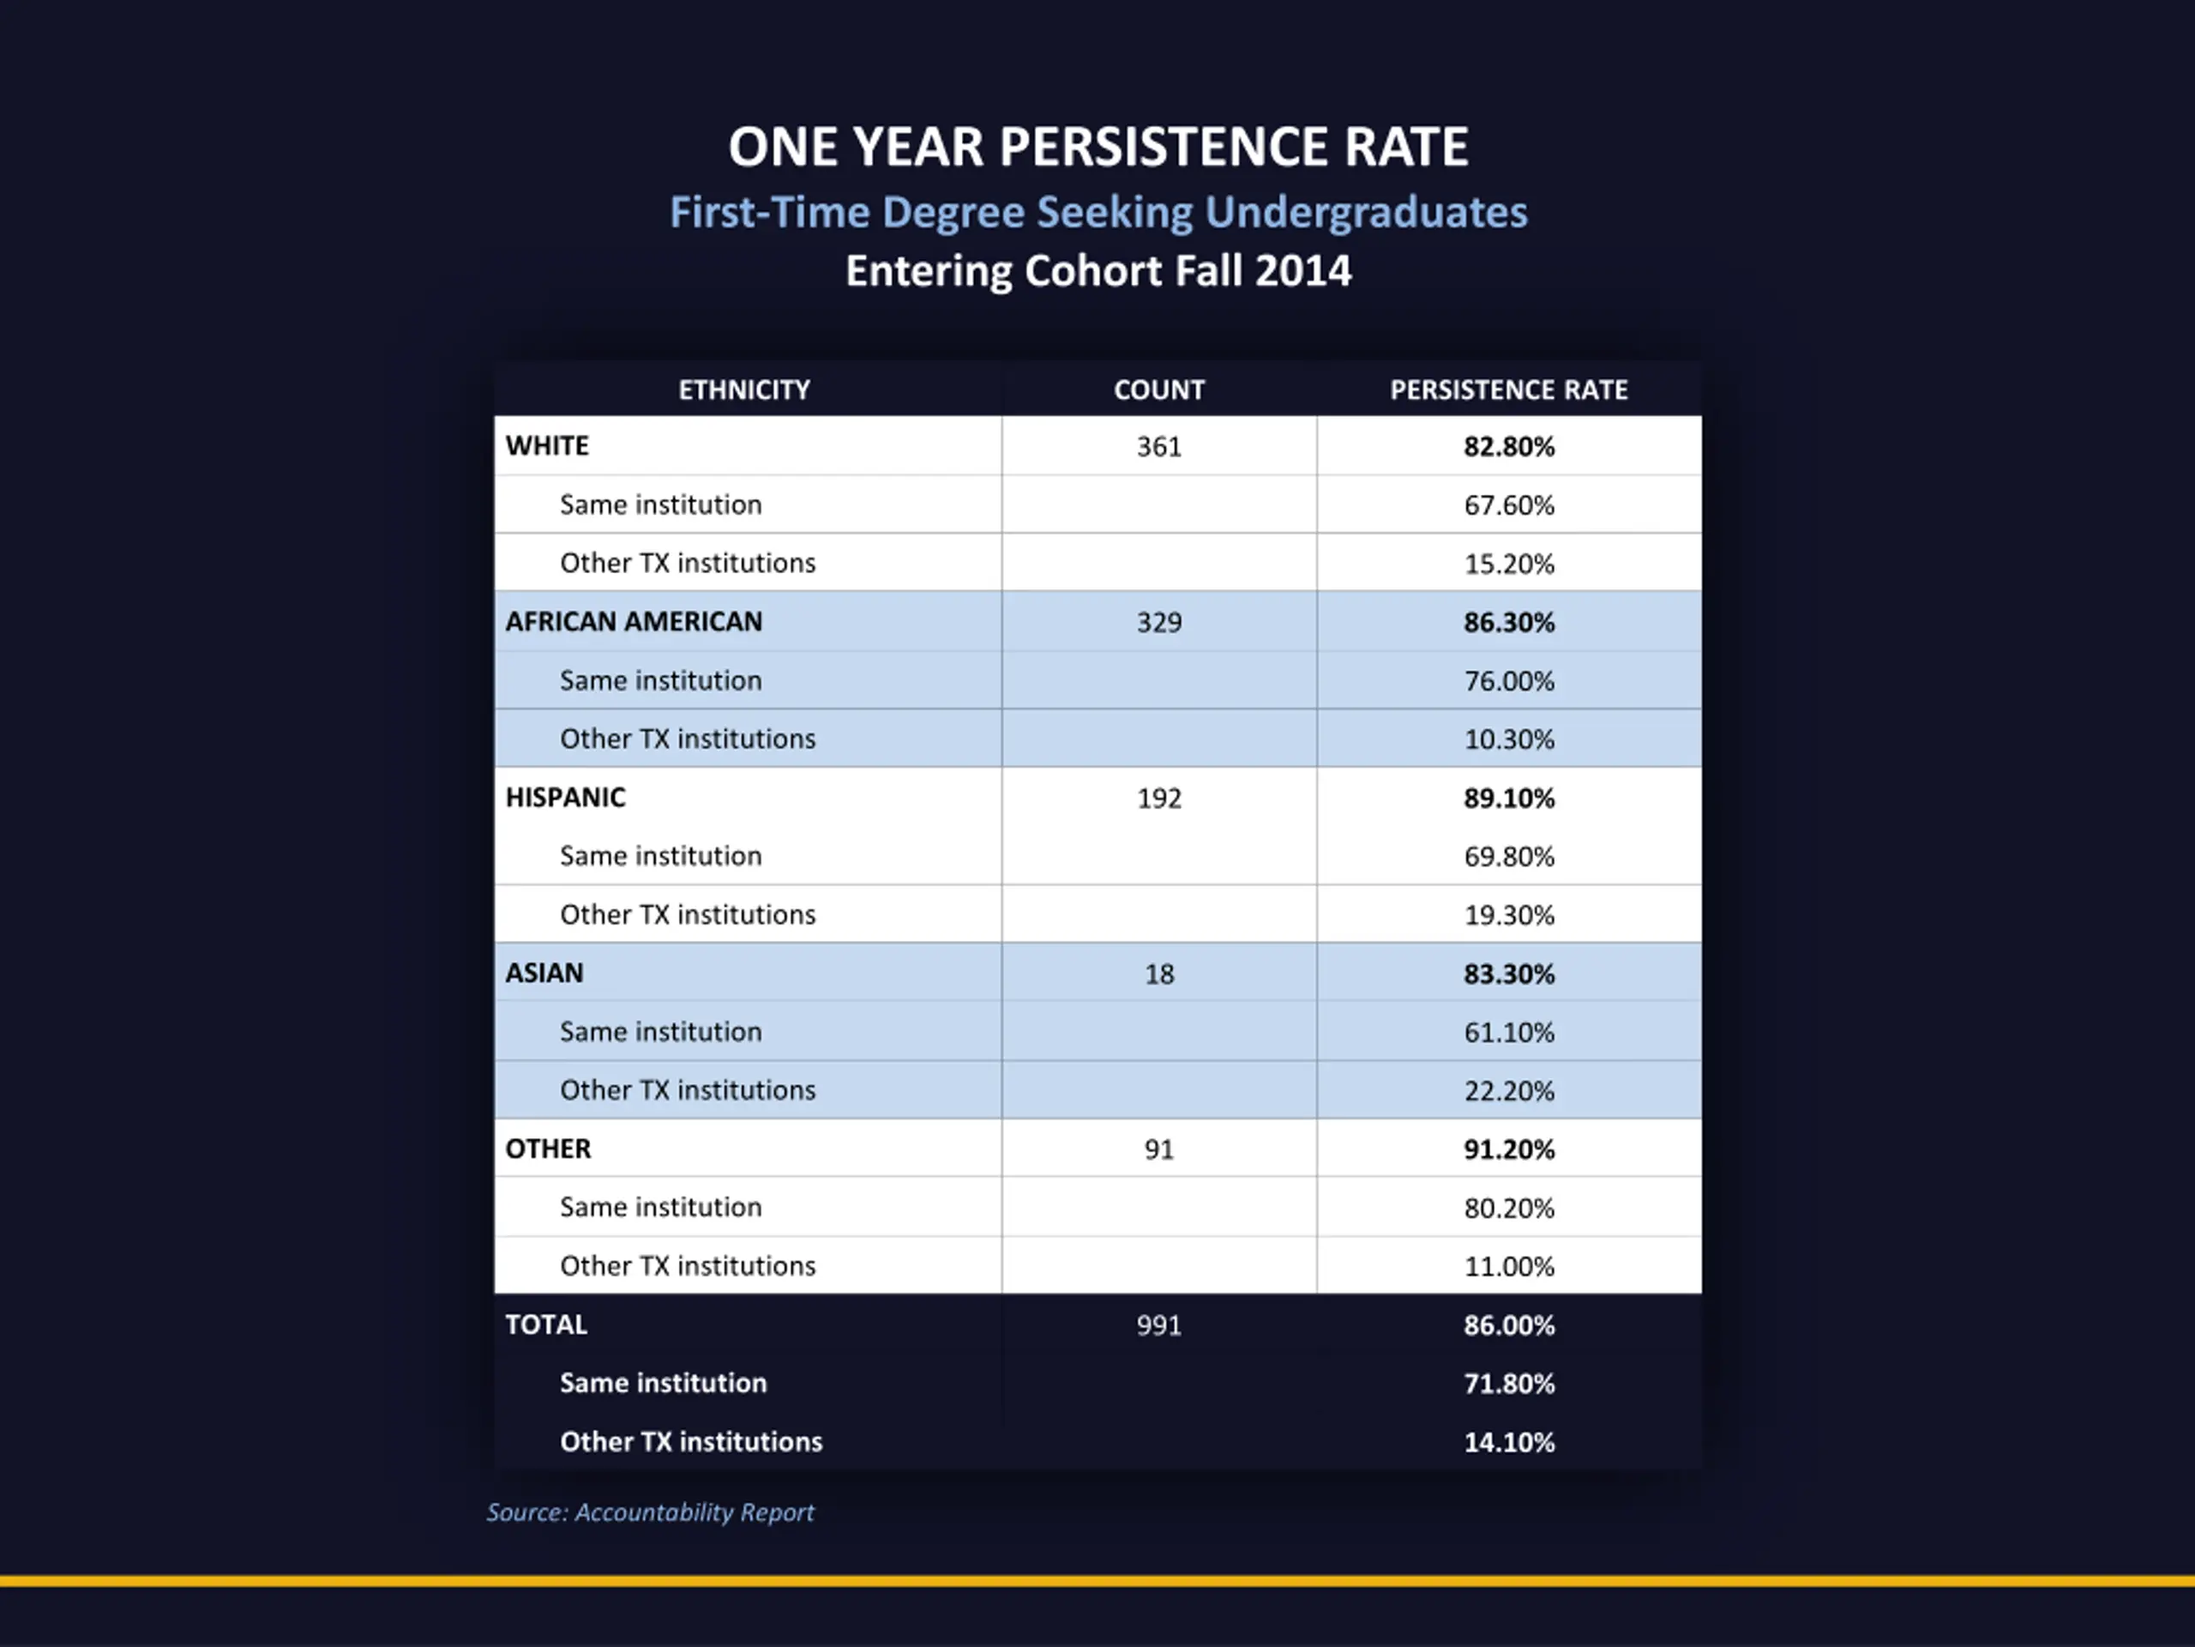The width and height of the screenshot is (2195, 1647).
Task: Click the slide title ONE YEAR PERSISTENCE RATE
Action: pyautogui.click(x=1097, y=147)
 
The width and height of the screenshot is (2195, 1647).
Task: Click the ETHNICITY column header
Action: pyautogui.click(x=744, y=390)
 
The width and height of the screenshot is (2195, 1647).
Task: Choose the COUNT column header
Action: pyautogui.click(x=1159, y=390)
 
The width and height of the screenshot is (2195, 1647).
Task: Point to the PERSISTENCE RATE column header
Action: pyautogui.click(x=1508, y=390)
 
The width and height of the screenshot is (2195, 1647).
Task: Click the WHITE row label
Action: pyautogui.click(x=547, y=446)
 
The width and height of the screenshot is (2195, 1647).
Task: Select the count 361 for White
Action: pyautogui.click(x=1159, y=447)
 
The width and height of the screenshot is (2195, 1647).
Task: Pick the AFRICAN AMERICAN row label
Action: pyautogui.click(x=634, y=621)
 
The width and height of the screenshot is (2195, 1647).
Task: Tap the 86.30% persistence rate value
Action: pyautogui.click(x=1508, y=623)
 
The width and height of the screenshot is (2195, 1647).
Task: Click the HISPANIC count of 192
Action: pyautogui.click(x=1159, y=798)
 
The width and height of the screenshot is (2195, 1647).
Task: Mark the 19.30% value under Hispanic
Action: pyautogui.click(x=1508, y=915)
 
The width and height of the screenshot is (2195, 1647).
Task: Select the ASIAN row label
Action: pyautogui.click(x=544, y=973)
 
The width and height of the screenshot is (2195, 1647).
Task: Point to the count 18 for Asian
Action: pyautogui.click(x=1159, y=974)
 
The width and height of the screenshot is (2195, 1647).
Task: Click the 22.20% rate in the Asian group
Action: pyautogui.click(x=1508, y=1091)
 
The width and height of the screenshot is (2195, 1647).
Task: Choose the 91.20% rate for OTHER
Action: pyautogui.click(x=1508, y=1149)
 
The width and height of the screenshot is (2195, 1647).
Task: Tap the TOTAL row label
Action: pyautogui.click(x=546, y=1324)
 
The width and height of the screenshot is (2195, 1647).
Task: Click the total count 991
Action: pyautogui.click(x=1159, y=1325)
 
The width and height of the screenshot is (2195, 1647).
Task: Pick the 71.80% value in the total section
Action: pyautogui.click(x=1508, y=1384)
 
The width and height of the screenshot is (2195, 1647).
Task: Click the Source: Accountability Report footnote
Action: pyautogui.click(x=650, y=1512)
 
